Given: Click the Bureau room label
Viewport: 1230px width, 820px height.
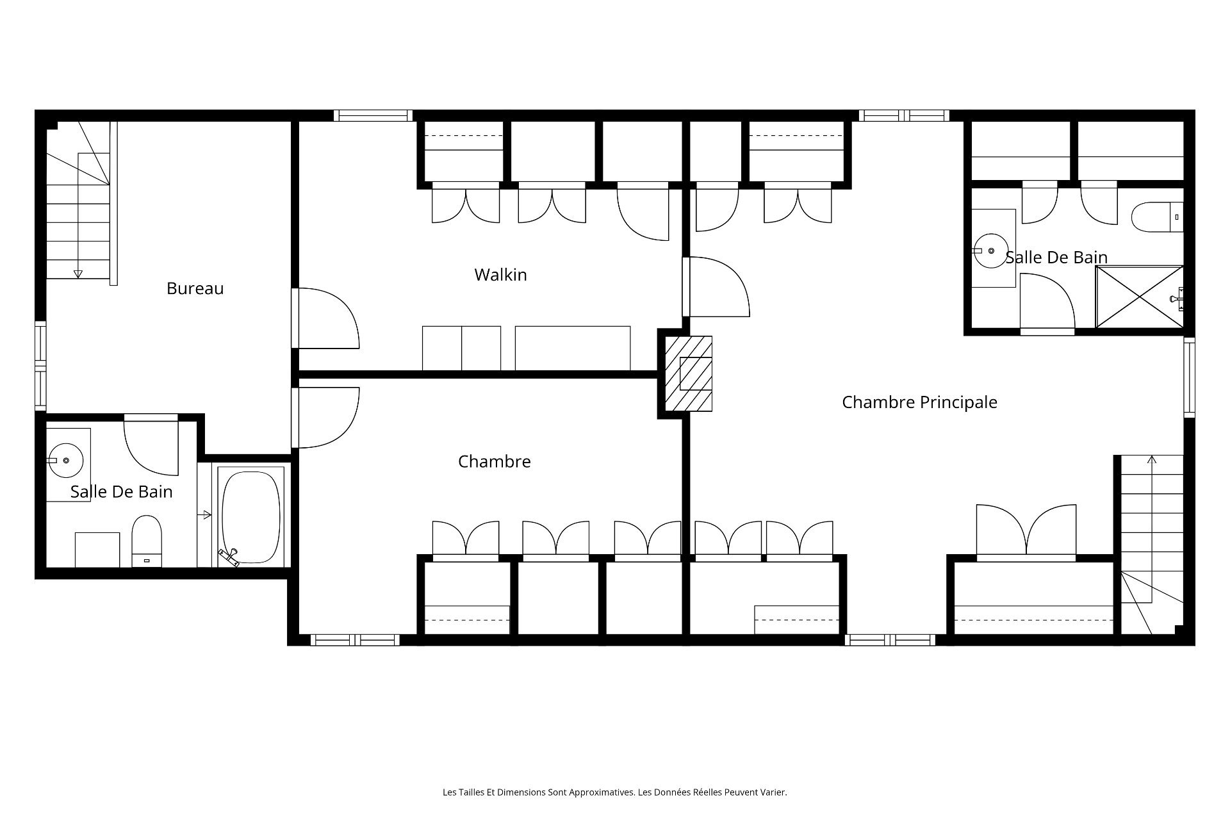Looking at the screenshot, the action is coord(195,289).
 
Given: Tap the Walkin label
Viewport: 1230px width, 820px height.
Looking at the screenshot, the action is coord(500,275).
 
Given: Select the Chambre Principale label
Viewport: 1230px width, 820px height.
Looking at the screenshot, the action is coord(919,402).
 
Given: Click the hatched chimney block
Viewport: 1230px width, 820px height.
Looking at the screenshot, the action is coord(689,373).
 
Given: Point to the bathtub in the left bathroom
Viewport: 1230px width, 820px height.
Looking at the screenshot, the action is coord(251,517).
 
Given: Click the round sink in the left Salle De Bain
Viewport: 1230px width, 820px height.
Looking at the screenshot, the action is coord(66,459).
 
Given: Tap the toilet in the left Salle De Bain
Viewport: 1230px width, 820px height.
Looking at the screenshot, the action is coord(147,541).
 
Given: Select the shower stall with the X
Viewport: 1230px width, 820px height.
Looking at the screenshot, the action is coord(1139,297).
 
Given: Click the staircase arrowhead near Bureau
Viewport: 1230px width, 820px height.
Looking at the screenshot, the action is coord(78,274).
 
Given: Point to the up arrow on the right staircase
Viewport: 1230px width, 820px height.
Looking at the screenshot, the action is coord(1152,459).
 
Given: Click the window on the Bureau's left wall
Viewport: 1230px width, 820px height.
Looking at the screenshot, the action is coord(40,366).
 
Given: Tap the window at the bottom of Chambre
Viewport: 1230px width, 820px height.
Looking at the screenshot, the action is coord(355,639).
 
